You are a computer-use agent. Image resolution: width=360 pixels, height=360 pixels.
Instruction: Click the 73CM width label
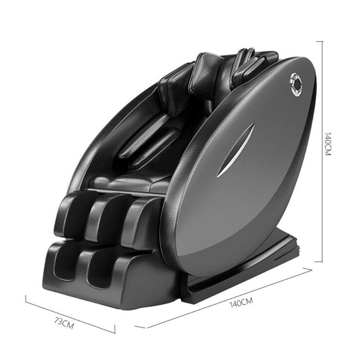coord(64,323)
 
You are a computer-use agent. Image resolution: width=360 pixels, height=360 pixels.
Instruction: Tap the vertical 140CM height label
coord(328,144)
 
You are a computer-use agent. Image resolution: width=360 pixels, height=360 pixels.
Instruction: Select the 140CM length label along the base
coord(241,302)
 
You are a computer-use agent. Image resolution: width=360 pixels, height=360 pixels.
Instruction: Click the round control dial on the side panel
coord(296,84)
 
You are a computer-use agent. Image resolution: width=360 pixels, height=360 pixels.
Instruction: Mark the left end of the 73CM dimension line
coord(26,299)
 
